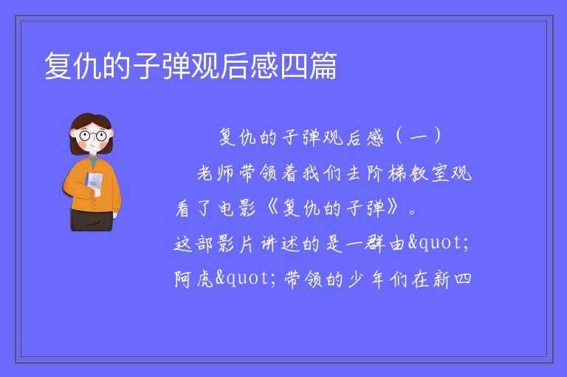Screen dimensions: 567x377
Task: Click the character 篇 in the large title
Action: pos(323,66)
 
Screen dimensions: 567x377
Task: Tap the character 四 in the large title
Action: pos(294,67)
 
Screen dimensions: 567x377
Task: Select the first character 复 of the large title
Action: pos(58,66)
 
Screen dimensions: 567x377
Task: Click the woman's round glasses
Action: pos(92,136)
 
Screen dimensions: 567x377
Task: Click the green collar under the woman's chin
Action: pos(93,160)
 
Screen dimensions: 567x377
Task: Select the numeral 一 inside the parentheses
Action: pos(419,137)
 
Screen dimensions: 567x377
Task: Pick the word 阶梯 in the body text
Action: pos(386,173)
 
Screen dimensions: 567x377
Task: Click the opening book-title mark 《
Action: pos(272,208)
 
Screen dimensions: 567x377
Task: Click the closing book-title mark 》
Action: pos(393,208)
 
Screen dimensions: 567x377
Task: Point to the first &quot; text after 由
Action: pos(439,242)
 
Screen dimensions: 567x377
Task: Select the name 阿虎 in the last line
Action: pos(194,279)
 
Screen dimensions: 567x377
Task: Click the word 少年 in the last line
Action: pos(366,279)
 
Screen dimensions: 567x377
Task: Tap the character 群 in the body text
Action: pos(374,243)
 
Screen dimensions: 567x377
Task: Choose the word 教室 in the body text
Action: pos(429,173)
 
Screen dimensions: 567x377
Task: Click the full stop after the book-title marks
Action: pos(412,212)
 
